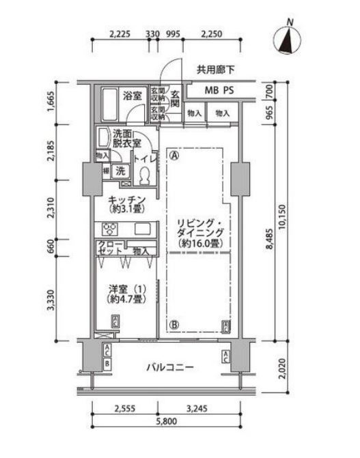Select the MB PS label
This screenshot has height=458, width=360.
212,90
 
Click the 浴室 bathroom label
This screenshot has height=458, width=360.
132,96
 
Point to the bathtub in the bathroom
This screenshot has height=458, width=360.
108,104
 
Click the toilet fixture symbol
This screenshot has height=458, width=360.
144,176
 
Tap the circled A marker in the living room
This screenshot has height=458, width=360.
174,156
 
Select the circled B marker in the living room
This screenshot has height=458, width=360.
174,325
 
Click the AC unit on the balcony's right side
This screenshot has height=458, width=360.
225,356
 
